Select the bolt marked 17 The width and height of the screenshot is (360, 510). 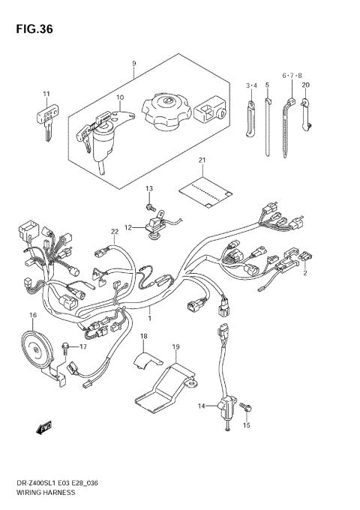[x=69, y=346]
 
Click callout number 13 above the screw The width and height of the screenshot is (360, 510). [x=148, y=187]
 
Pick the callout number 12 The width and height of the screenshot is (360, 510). [x=127, y=226]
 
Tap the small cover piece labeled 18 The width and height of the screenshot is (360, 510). [x=141, y=364]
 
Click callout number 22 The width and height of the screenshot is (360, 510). [x=115, y=232]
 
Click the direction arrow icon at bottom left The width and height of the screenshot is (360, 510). [x=42, y=428]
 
